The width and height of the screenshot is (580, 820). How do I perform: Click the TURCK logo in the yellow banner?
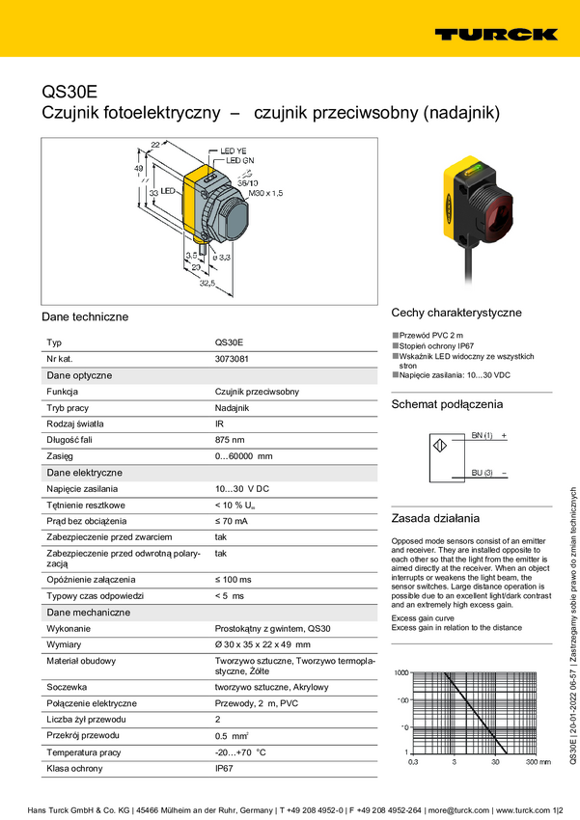point(496,34)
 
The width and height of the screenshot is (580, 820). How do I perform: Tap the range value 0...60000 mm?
point(243,456)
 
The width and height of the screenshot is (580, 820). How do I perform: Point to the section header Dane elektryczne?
point(85,473)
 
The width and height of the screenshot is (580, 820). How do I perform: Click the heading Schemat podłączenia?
point(447,404)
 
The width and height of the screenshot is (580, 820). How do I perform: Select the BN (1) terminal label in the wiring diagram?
point(482,436)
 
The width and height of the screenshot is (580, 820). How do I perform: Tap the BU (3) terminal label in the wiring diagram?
point(482,472)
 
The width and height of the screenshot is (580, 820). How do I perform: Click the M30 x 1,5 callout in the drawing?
point(267,194)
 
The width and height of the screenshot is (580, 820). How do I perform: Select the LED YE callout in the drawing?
point(235,151)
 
